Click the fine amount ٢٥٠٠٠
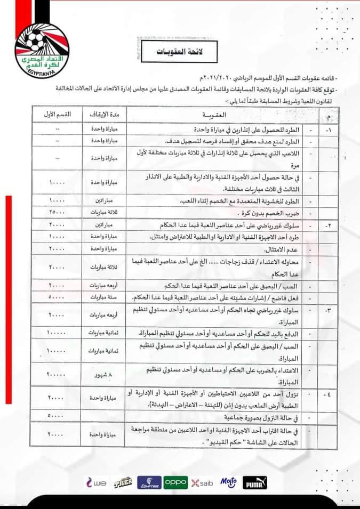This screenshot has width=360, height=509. [55, 212]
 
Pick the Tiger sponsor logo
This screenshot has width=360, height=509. [122, 482]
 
